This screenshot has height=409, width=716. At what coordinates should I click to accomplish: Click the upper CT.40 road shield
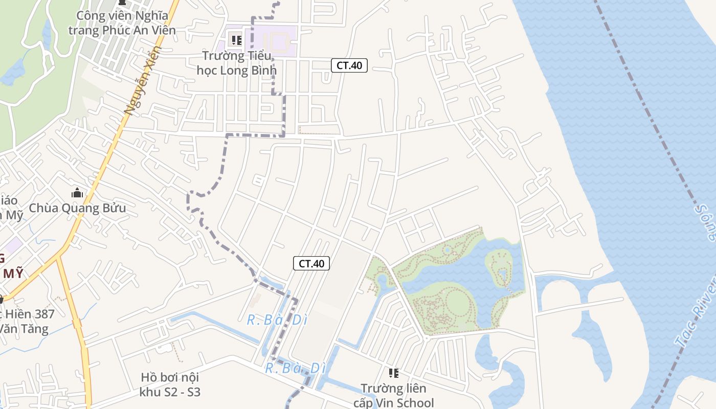click(x=349, y=65)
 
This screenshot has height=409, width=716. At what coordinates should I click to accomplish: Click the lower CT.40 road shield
click(x=311, y=263)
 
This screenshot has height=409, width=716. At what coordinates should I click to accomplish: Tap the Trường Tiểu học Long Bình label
click(x=236, y=63)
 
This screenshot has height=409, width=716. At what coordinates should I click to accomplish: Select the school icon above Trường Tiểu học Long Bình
click(x=236, y=39)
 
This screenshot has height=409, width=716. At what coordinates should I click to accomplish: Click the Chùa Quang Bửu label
click(x=77, y=208)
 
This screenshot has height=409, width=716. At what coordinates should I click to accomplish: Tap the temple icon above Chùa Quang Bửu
click(x=77, y=193)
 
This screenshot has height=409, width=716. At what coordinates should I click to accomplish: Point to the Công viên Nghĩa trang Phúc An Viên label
click(x=122, y=22)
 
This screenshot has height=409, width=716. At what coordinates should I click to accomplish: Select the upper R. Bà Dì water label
click(x=277, y=320)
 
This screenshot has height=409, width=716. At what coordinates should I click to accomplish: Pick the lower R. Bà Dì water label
click(x=295, y=368)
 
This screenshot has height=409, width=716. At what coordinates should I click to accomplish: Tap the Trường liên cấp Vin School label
click(x=393, y=395)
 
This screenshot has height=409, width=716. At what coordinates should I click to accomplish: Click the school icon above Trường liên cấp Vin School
click(x=393, y=373)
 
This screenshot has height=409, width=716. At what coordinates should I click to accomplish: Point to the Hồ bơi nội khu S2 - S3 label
click(x=170, y=385)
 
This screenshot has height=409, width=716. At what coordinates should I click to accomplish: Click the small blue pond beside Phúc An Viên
click(x=13, y=72)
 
